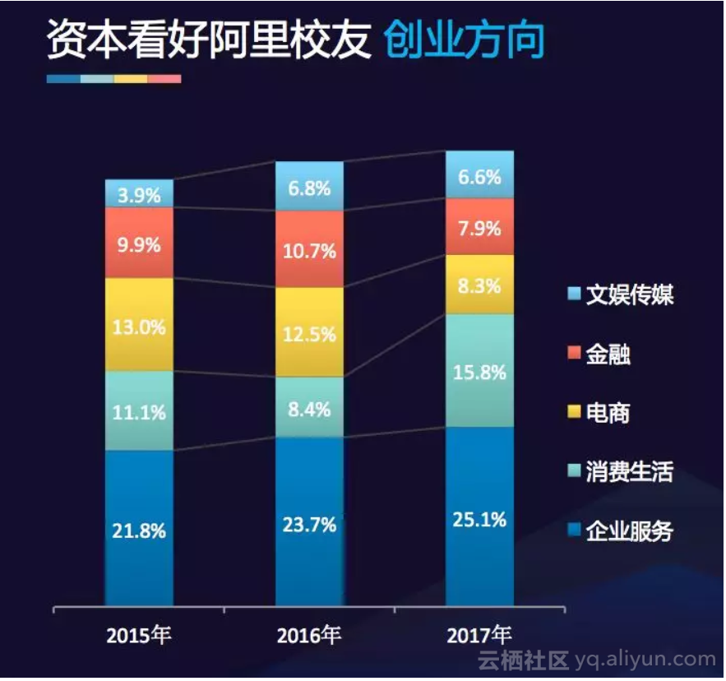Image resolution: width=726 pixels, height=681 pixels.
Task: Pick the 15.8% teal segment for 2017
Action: [x=479, y=371]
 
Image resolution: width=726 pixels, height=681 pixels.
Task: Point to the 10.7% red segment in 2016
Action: [x=309, y=249]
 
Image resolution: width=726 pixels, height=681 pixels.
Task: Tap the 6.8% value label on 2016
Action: [x=309, y=188]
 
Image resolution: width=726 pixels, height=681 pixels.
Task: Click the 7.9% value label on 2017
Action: [x=479, y=228]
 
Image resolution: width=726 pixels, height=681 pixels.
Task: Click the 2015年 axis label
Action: [x=139, y=636]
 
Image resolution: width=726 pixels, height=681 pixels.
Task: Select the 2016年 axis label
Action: [x=309, y=636]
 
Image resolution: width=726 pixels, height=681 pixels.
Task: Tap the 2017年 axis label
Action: [x=479, y=636]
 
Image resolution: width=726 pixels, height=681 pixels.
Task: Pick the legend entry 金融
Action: [x=608, y=354]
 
